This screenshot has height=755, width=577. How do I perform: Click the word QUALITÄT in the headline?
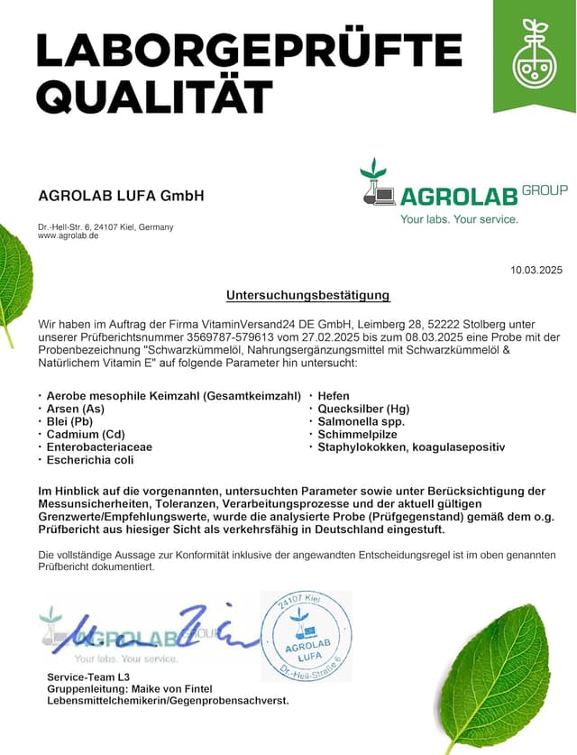[x=154, y=95]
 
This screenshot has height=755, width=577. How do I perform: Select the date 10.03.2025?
[x=536, y=270]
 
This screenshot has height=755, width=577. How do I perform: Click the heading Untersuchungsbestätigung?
[x=307, y=295]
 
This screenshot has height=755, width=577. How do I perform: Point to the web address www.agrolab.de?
[x=68, y=235]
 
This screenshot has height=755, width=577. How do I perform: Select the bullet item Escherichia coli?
[x=89, y=460]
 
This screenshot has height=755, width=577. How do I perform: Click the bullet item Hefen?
[x=334, y=396]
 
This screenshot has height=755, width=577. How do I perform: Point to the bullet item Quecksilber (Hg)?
[x=363, y=409]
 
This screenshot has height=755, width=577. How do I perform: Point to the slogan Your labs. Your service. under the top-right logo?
[x=459, y=219]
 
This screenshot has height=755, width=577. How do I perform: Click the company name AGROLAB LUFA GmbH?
[x=121, y=196]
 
